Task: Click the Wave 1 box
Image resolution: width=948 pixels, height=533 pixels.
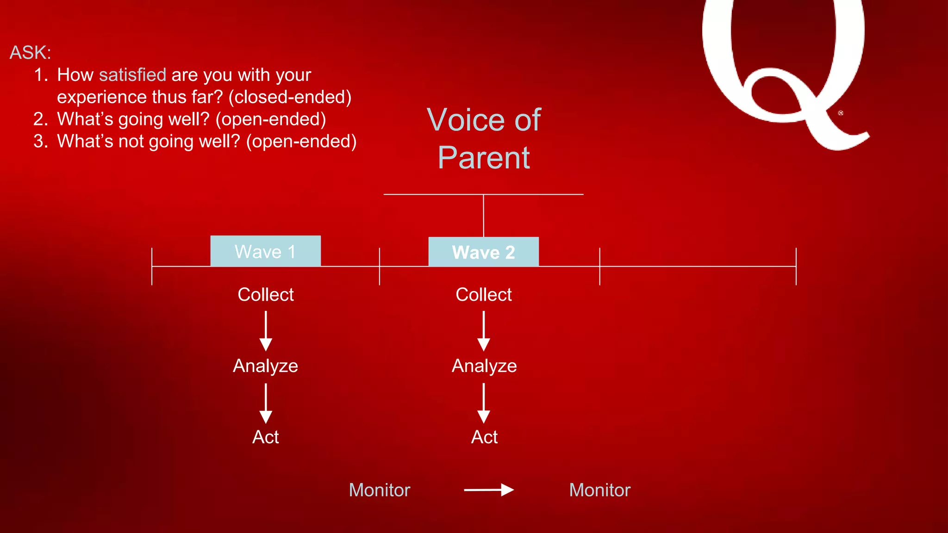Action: coord(265,251)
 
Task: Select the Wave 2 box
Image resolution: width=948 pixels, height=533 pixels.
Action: coord(483,252)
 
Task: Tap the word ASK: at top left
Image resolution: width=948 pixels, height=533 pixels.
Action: coord(30,53)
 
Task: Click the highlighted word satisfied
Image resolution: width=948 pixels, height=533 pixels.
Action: coord(132,75)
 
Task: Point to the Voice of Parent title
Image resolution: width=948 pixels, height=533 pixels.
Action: coord(484,138)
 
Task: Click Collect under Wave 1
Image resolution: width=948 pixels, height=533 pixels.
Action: coord(265,295)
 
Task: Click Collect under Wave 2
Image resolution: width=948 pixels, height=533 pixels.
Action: coord(483,295)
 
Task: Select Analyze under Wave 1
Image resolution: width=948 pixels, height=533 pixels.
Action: coord(265,366)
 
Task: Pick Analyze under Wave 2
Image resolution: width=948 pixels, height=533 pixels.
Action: coord(484,366)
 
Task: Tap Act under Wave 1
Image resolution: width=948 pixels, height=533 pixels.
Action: coord(265,437)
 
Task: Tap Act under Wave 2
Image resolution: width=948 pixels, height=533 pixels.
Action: coord(484,437)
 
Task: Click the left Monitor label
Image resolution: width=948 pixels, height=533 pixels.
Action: coord(379,490)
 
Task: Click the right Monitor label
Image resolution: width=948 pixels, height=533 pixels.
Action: coord(599,490)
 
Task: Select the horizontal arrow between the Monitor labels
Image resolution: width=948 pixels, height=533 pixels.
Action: coord(489,490)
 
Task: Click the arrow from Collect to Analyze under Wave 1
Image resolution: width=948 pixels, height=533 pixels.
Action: coord(266,330)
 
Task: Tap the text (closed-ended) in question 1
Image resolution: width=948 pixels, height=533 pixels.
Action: coord(290,97)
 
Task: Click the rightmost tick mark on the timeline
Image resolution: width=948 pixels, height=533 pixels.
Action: coord(796,266)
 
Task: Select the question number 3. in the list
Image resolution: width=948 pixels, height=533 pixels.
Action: coord(41,142)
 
